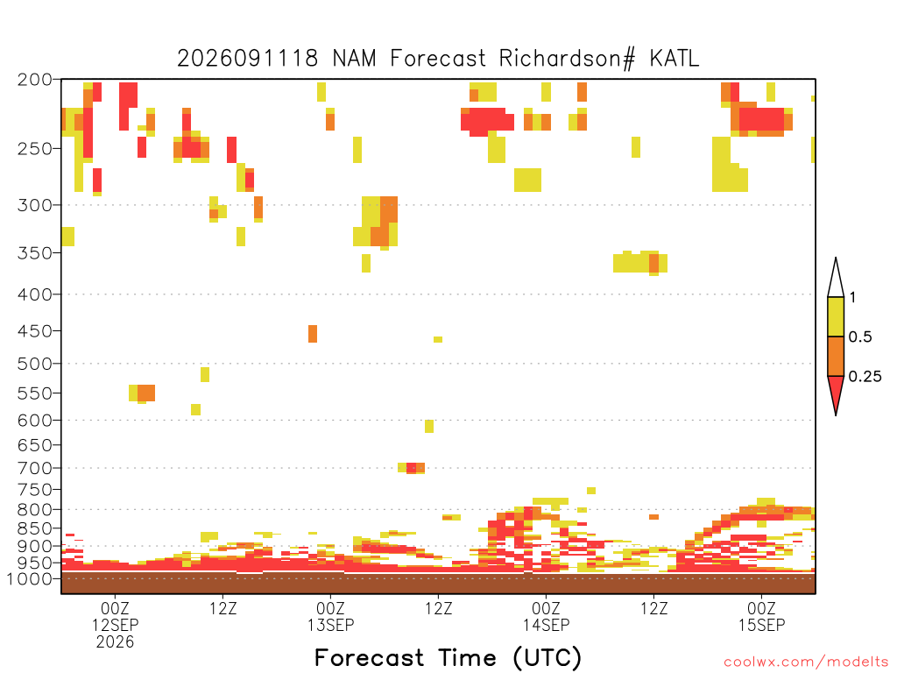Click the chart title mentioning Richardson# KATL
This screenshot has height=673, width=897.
click(438, 59)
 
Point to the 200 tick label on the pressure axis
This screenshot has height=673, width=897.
click(34, 80)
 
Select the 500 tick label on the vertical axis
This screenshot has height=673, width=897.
click(34, 364)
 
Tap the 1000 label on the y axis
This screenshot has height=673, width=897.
click(30, 578)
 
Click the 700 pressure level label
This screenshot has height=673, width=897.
click(34, 468)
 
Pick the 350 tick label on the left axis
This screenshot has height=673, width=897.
click(34, 253)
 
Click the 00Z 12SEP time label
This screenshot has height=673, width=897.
click(115, 616)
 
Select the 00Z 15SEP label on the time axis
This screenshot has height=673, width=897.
click(761, 616)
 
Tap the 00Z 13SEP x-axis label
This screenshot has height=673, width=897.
click(330, 616)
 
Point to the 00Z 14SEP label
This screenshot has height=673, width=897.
click(546, 616)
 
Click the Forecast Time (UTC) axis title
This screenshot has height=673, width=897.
click(448, 658)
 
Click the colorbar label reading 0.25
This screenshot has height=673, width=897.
click(865, 377)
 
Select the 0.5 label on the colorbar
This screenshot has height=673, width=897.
click(860, 337)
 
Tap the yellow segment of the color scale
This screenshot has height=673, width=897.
click(836, 316)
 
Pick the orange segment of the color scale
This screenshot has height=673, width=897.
click(836, 356)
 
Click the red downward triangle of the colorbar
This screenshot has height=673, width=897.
click(836, 392)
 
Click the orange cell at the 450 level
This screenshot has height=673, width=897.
click(313, 334)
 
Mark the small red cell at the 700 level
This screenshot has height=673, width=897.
click(412, 469)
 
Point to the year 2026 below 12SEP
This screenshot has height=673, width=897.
click(115, 642)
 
